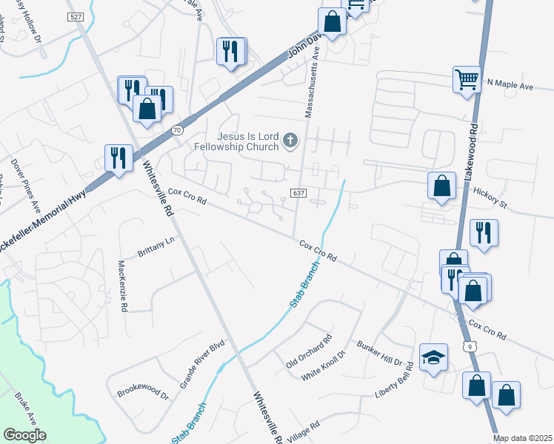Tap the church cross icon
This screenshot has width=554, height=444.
click(291, 140)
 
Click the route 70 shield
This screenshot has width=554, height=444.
click(176, 130)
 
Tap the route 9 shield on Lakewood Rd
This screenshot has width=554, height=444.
click(470, 346)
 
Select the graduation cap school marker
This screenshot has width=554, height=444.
click(434, 358)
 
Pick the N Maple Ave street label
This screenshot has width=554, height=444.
click(510, 87)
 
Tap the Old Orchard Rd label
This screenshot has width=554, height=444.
click(308, 355)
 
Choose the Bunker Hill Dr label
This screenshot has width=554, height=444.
click(384, 354)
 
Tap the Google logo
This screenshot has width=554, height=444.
click(25, 435)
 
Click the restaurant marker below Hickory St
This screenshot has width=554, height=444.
click(484, 232)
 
